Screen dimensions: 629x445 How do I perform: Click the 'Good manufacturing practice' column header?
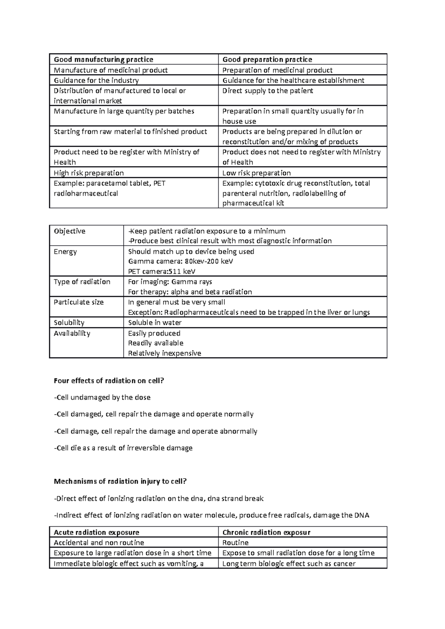(x=103, y=60)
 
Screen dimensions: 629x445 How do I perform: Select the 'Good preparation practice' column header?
(x=267, y=60)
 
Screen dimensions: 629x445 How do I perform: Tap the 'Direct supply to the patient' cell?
(x=267, y=91)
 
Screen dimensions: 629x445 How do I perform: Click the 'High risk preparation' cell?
(x=89, y=173)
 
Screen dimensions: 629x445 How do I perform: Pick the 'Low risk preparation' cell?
(x=256, y=173)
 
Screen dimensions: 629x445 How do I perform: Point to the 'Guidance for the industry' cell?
(x=96, y=80)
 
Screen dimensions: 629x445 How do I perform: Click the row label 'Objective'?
(x=69, y=231)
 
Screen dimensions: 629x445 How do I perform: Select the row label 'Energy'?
(x=65, y=252)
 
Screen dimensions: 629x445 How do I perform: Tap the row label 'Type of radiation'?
(x=82, y=282)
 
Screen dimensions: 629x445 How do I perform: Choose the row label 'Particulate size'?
(x=79, y=302)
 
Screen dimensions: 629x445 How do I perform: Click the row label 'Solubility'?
(x=69, y=323)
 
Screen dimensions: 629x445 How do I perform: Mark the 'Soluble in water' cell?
(x=155, y=323)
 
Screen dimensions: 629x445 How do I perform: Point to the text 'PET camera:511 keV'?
(x=162, y=272)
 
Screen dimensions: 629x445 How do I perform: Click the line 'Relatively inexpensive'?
(x=164, y=353)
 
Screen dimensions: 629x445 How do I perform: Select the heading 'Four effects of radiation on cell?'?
(x=109, y=381)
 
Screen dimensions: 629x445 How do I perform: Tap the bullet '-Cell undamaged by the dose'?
(x=102, y=397)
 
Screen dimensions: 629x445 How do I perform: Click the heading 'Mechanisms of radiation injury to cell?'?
(x=120, y=482)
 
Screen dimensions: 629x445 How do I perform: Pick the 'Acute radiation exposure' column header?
(x=96, y=533)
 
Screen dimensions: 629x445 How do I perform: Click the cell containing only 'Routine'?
(x=235, y=543)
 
